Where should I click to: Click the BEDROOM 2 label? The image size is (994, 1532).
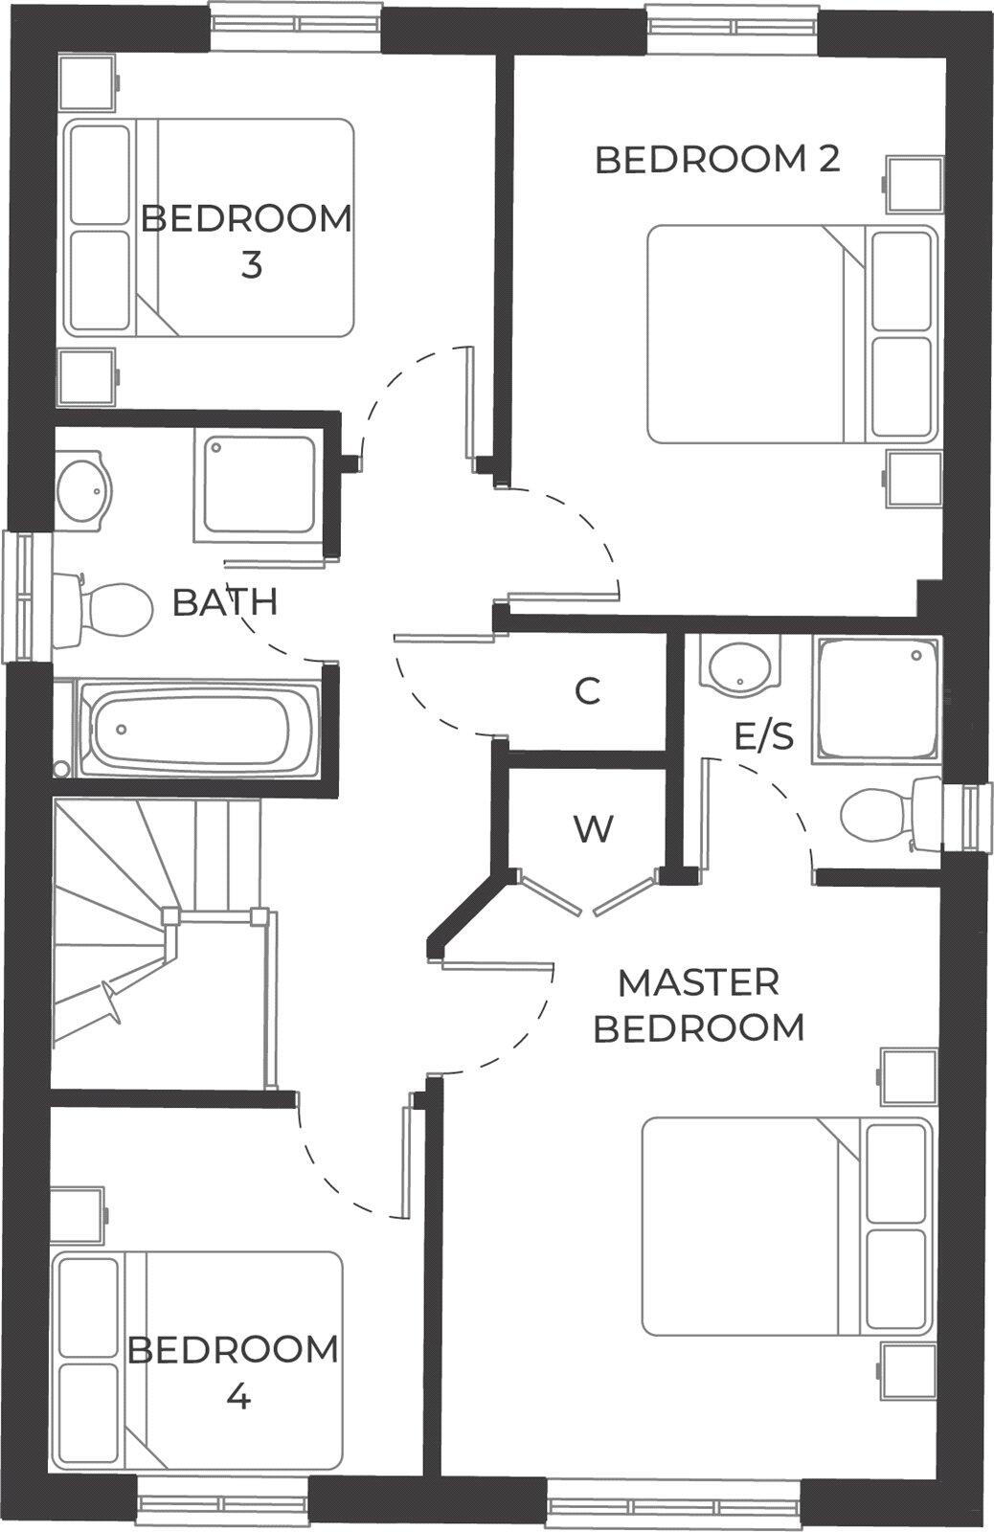click(x=717, y=159)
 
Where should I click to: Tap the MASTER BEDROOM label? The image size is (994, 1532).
click(x=698, y=1004)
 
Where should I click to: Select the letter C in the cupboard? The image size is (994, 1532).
click(x=587, y=690)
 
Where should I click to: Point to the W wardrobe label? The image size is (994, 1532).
click(x=593, y=828)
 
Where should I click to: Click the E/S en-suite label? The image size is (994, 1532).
click(x=763, y=736)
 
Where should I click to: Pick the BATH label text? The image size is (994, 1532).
click(x=225, y=602)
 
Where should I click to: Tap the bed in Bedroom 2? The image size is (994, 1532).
click(x=791, y=333)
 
